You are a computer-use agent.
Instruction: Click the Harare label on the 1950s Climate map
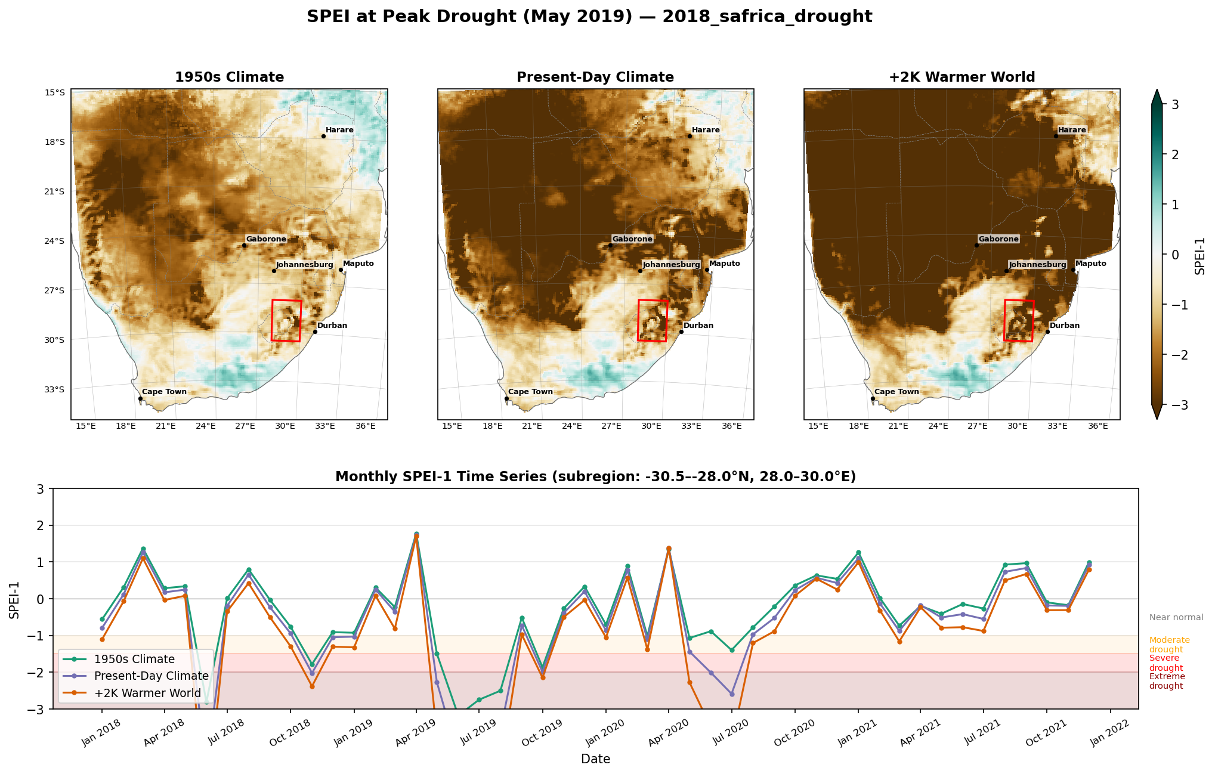(339, 130)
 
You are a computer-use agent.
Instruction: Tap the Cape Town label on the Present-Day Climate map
(530, 392)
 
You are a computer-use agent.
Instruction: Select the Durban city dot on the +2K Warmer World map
(1047, 332)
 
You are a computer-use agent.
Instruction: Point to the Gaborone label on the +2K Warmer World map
(998, 239)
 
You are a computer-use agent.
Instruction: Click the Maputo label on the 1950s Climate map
(358, 264)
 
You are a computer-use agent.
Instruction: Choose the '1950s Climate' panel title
(229, 77)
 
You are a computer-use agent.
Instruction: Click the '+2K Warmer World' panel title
(962, 77)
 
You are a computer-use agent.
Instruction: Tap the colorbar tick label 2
(1175, 154)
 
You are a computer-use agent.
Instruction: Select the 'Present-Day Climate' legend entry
(152, 676)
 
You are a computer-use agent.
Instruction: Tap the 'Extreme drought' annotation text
(1167, 681)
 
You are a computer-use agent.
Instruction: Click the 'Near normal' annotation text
(1176, 618)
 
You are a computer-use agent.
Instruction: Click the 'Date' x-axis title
(595, 759)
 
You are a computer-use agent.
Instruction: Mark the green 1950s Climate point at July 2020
(732, 650)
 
